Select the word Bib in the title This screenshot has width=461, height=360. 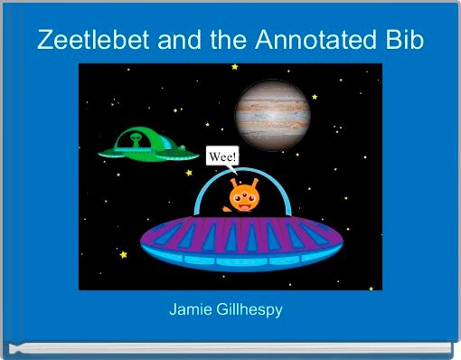tap(403, 40)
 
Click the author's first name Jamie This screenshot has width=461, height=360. tap(192, 309)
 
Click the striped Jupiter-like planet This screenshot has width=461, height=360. tap(274, 113)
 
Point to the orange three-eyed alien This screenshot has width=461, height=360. tap(243, 198)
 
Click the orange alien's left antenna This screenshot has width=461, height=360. tap(232, 182)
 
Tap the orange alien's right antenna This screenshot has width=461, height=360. tap(254, 182)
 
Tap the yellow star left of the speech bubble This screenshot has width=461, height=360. tap(189, 172)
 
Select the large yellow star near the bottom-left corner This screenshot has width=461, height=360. tap(123, 257)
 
